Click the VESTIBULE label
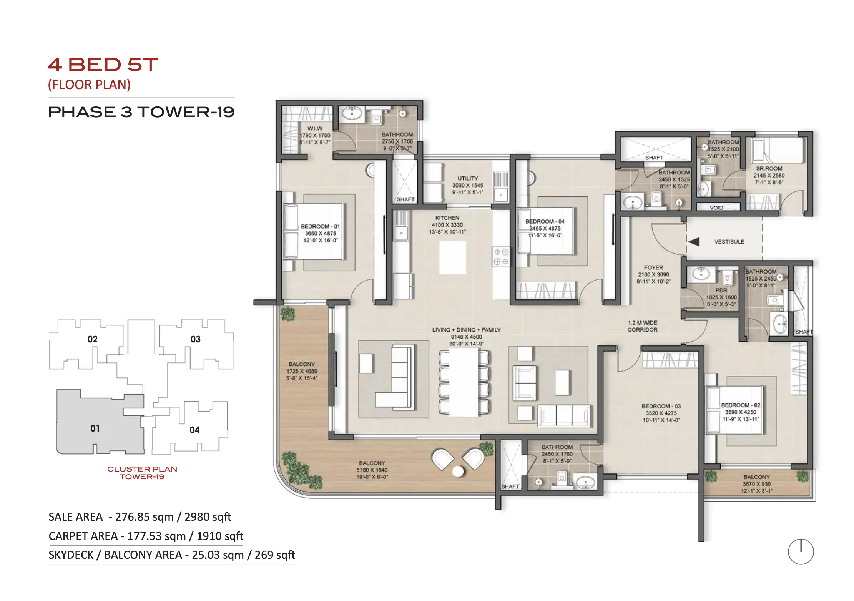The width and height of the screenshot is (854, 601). click(729, 242)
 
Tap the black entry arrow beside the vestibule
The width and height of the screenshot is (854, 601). click(693, 242)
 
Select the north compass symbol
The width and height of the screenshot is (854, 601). click(801, 551)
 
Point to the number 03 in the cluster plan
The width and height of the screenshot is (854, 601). click(195, 339)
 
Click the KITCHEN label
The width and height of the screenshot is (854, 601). click(447, 218)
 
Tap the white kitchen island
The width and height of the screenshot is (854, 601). click(452, 257)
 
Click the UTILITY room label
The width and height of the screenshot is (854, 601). click(468, 178)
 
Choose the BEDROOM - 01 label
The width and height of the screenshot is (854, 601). click(320, 226)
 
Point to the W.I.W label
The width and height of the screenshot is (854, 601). click(315, 128)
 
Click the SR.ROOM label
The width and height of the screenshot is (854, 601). click(769, 168)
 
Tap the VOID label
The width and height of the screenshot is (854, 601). click(716, 208)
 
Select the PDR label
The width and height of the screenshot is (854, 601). click(721, 290)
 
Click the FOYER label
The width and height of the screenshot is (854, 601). click(653, 267)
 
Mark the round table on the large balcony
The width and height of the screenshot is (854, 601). click(458, 471)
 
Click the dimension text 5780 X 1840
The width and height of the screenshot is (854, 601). click(372, 470)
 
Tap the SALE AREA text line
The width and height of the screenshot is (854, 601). click(140, 517)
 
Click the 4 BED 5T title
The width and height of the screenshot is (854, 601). click(103, 65)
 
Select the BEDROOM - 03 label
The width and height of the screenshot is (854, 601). click(661, 406)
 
